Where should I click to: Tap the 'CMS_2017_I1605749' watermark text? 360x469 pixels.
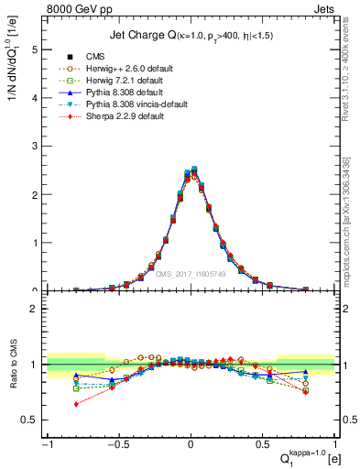(191, 273)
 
